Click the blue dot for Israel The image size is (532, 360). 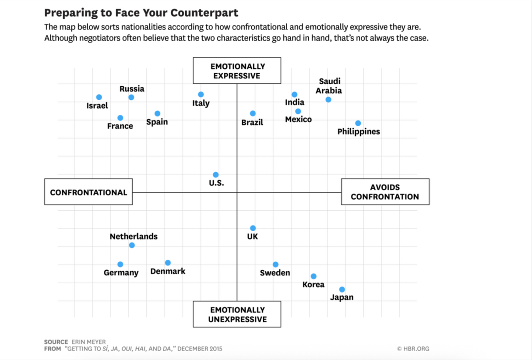[99, 97]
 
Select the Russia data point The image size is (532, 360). [131, 97]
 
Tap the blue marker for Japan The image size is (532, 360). [342, 289]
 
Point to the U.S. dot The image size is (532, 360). [216, 175]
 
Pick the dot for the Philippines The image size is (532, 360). [358, 123]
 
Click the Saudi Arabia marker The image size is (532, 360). [328, 100]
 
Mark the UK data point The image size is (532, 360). [253, 228]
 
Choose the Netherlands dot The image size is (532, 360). [132, 245]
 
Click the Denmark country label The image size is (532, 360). [168, 272]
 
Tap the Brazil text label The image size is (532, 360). [252, 123]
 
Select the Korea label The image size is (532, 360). [314, 285]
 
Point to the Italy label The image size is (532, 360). [201, 103]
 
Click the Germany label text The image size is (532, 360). [121, 273]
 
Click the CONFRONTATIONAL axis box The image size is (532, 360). [88, 192]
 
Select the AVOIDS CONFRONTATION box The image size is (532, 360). [385, 192]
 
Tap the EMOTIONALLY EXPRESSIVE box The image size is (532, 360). [237, 71]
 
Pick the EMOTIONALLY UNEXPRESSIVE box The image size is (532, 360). [237, 314]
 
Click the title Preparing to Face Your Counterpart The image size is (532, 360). [141, 12]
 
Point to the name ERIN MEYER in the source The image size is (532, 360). [88, 342]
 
